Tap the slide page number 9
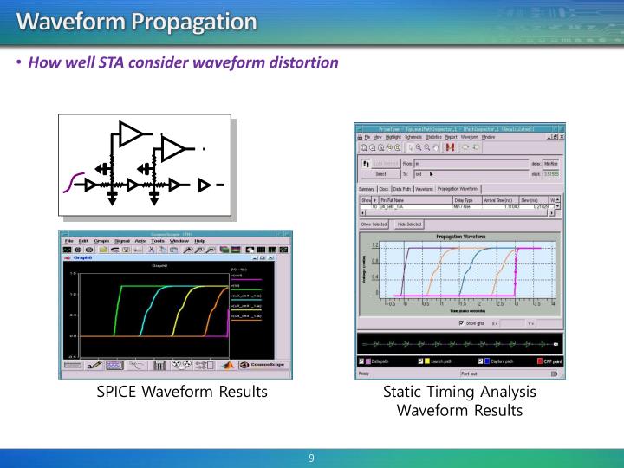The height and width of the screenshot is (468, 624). [x=311, y=456]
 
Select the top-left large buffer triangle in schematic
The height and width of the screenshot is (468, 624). [x=131, y=133]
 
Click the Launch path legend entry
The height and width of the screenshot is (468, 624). [x=442, y=361]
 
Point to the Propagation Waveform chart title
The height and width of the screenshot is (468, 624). [x=460, y=235]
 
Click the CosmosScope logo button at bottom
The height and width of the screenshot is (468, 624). [x=263, y=366]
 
